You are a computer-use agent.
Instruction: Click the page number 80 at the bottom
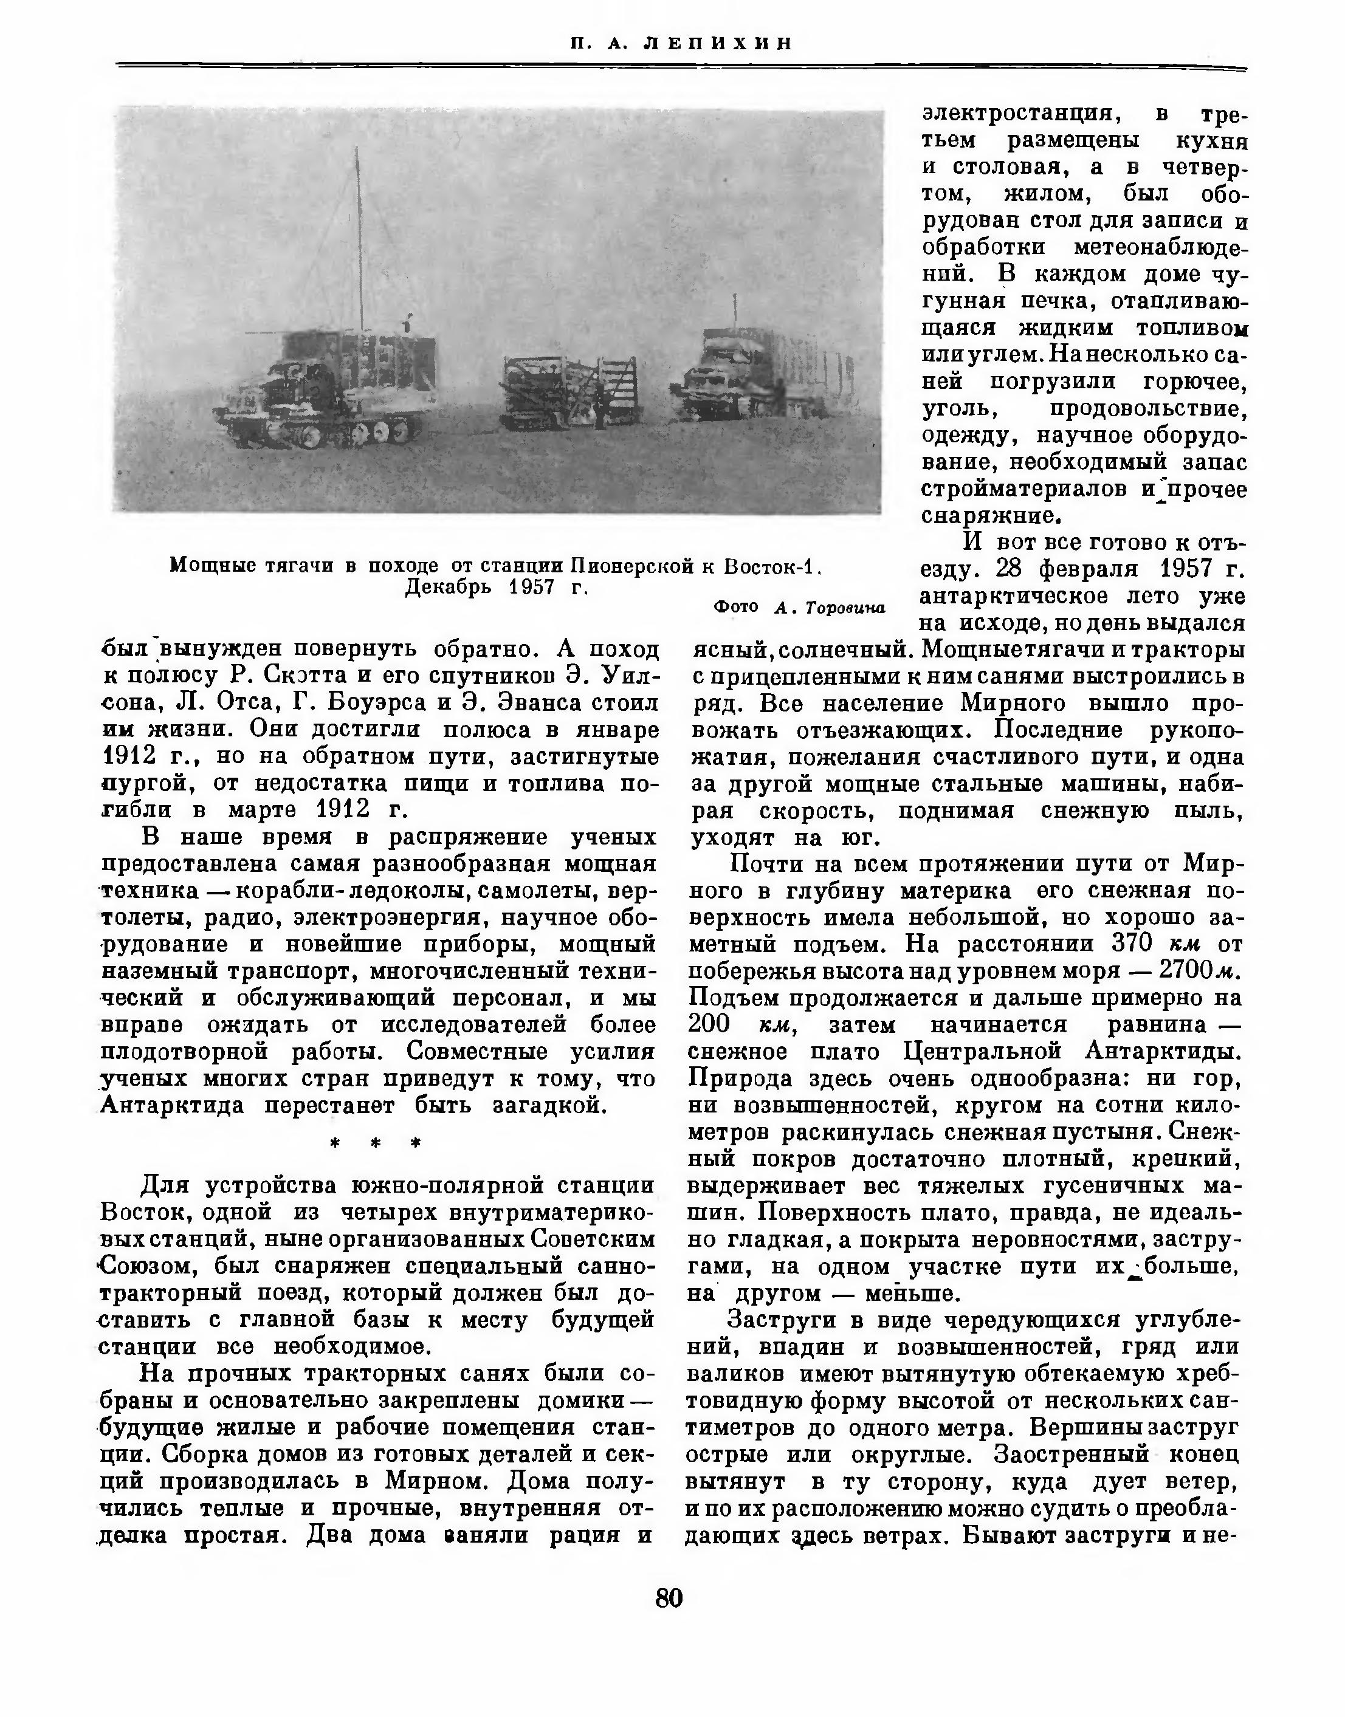669,1597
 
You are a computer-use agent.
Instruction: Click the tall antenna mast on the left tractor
359,236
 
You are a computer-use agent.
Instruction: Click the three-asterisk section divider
376,1143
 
